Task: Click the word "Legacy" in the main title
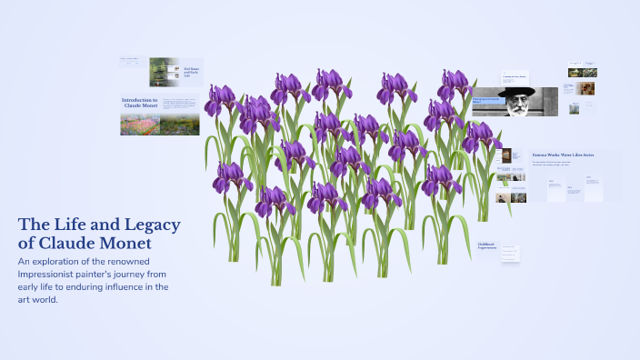(x=149, y=225)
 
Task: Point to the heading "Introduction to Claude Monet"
(x=140, y=103)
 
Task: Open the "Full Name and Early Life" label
(x=192, y=71)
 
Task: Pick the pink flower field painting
(x=140, y=125)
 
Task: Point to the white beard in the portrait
(x=516, y=108)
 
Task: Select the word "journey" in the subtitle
(x=136, y=274)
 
